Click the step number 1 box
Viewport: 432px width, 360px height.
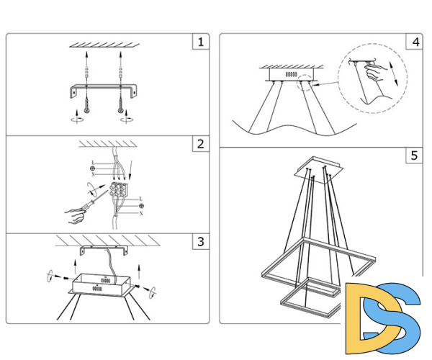pos(201,42)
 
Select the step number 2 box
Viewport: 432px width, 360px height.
pos(201,143)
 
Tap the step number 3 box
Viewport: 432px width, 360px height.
pos(201,242)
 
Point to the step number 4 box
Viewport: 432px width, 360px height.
pos(415,42)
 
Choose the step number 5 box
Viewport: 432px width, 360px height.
pos(415,156)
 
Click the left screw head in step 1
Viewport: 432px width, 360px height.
pos(87,111)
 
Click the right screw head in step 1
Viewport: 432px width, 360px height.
pos(121,111)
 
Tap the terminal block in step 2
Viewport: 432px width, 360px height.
pos(119,189)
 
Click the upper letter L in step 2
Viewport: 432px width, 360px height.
pos(93,163)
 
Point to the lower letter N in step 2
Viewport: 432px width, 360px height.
pos(141,213)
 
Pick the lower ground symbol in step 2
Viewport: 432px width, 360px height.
pos(141,206)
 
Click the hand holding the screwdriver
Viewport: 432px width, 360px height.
pos(74,216)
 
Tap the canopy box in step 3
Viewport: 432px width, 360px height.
pos(101,285)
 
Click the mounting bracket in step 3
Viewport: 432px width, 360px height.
pos(104,250)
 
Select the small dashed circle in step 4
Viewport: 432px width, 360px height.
pos(305,83)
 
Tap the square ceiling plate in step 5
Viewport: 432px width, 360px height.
pos(319,170)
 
